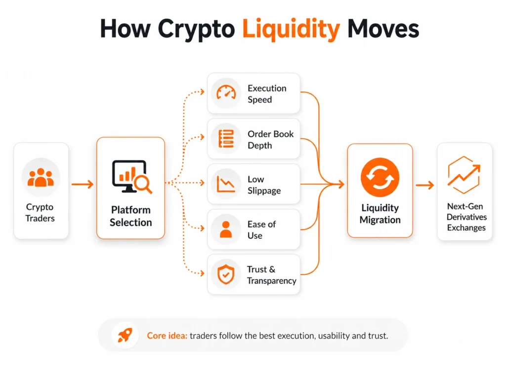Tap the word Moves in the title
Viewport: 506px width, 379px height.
coord(383,30)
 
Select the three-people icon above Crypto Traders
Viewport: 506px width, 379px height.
coord(41,178)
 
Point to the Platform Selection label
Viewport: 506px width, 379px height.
coord(130,216)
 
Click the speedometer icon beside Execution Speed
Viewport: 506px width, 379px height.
coord(226,93)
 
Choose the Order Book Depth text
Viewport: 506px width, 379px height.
coord(270,140)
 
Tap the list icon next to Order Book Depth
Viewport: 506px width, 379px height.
coord(226,139)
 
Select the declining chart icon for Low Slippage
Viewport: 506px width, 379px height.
coord(226,184)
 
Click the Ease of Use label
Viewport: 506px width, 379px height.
coord(261,230)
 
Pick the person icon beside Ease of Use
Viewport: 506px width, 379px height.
coord(226,229)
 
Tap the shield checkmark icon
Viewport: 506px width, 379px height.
coord(226,274)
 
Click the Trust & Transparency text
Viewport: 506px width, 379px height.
coord(271,275)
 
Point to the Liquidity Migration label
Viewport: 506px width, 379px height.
coord(379,214)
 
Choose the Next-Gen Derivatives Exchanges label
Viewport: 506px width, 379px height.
coord(466,217)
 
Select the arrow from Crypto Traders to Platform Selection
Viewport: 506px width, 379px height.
coord(82,185)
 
